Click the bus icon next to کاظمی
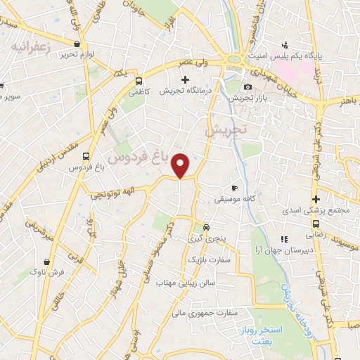tap(139, 81)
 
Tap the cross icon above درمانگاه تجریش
tap(185, 79)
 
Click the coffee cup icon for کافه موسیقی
tap(235, 188)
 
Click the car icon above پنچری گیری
tap(205, 227)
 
